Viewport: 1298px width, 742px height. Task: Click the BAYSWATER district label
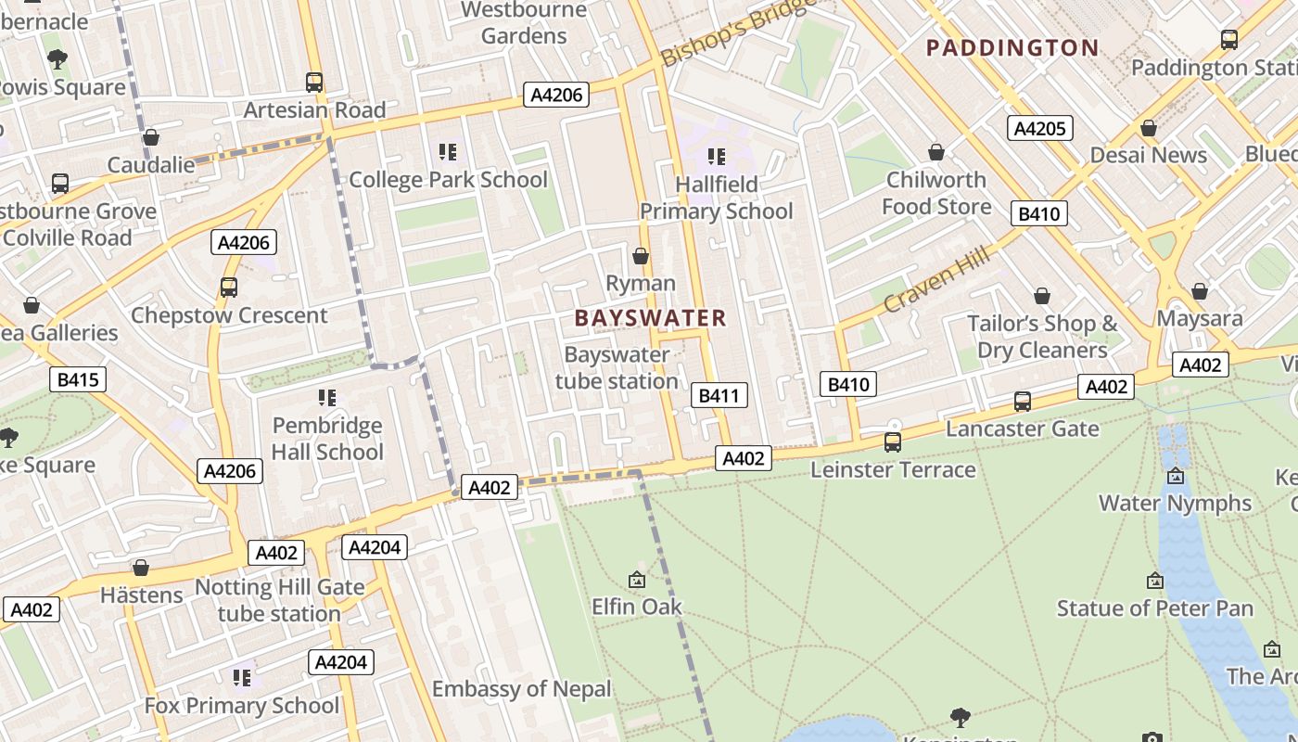650,318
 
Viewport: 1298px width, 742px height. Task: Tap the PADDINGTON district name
1012,47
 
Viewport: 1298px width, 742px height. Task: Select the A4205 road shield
1040,128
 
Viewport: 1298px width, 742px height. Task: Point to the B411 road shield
719,396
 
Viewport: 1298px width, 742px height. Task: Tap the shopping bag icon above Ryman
640,256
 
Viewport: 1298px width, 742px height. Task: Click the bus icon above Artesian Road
314,83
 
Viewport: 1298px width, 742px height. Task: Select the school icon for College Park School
448,152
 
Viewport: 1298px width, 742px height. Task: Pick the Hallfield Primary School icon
716,157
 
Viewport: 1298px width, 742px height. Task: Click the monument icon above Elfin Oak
637,581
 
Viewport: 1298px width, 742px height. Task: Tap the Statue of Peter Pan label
1154,608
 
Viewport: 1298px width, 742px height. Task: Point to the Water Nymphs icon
1176,476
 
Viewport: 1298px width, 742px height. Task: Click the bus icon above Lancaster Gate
1023,402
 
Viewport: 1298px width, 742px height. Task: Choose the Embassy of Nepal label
522,689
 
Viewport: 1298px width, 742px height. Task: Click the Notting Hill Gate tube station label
279,600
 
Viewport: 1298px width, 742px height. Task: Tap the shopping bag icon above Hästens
141,568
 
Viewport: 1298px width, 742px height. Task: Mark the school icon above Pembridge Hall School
326,398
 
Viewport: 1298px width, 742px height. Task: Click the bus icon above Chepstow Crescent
229,288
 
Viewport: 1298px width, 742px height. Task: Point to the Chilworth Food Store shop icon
936,152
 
